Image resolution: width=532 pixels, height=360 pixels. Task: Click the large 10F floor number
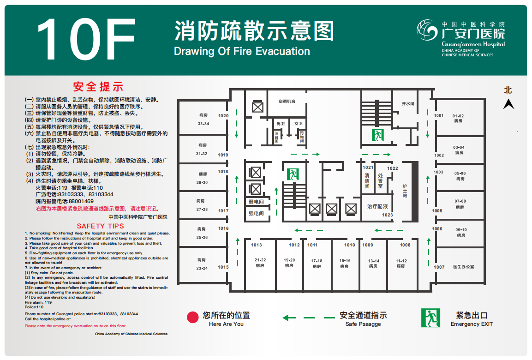tap(86, 39)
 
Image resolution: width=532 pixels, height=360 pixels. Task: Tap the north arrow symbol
tap(508, 104)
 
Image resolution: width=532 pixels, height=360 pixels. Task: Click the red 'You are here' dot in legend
tap(192, 318)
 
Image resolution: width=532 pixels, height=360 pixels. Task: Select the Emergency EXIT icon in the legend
tap(430, 318)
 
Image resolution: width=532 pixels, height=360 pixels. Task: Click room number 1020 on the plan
tap(223, 116)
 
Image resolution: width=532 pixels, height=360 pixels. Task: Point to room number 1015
tap(223, 267)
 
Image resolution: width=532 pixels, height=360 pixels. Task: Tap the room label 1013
tap(257, 245)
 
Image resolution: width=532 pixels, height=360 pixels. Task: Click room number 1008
tap(405, 245)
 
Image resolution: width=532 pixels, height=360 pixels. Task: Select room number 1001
tap(439, 115)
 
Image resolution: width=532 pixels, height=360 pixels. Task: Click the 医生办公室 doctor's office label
tap(463, 267)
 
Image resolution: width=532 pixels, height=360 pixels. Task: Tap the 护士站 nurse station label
tap(405, 191)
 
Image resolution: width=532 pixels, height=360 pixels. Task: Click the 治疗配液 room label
tap(377, 206)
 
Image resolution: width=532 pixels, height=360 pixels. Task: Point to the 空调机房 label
tap(287, 102)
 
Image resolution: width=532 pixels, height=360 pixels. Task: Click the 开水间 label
tap(408, 104)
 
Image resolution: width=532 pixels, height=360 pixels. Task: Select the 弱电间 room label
tap(256, 202)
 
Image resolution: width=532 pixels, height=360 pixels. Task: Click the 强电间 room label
tap(256, 213)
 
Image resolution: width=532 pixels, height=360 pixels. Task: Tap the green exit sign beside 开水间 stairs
tap(377, 135)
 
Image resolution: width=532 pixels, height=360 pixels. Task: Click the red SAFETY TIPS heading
tap(101, 226)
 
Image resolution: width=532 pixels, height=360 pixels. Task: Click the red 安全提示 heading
tap(98, 87)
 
